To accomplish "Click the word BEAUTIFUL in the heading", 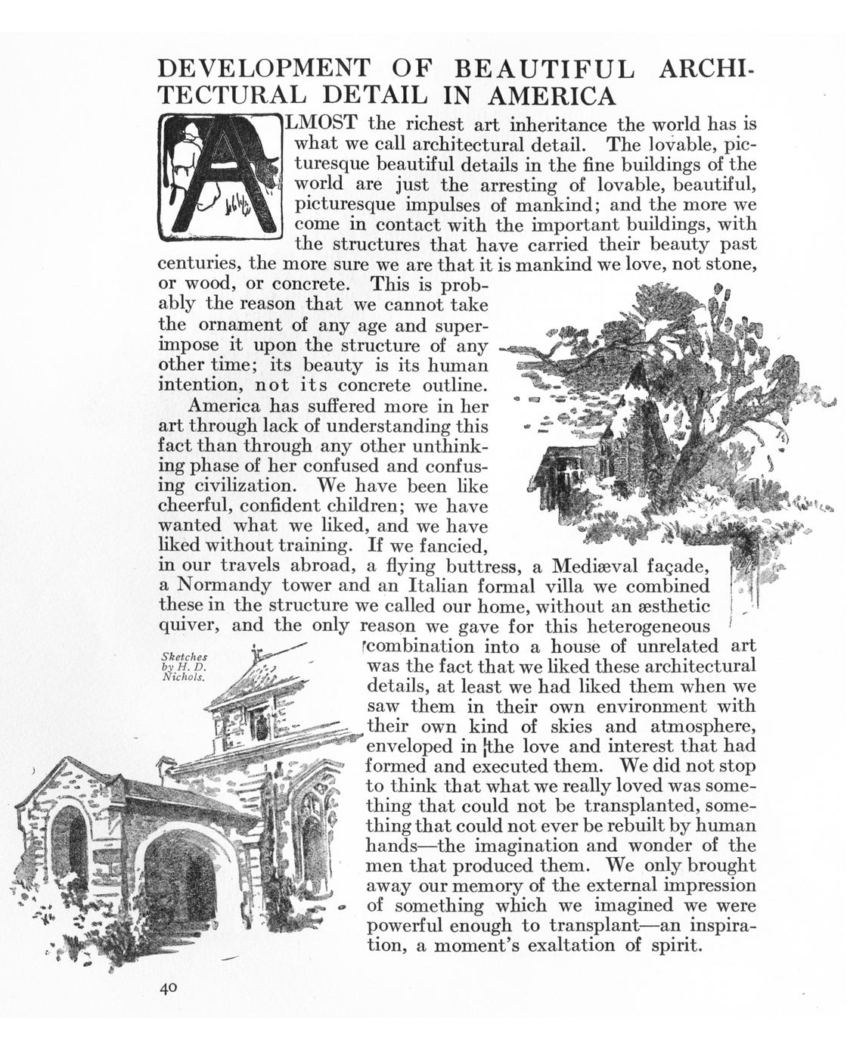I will click(544, 70).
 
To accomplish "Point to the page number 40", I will click(168, 987).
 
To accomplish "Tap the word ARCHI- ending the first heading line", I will click(708, 70).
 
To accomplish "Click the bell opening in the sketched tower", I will click(259, 726).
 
